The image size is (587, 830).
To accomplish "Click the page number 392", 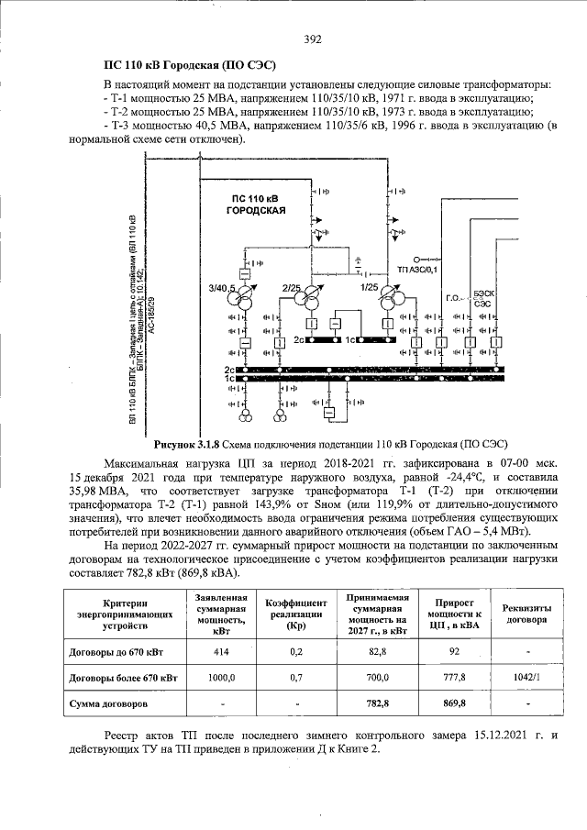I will click(312, 39).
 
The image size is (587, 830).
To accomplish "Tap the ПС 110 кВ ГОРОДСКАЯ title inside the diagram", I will click(257, 205).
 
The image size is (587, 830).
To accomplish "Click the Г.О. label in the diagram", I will click(452, 298).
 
